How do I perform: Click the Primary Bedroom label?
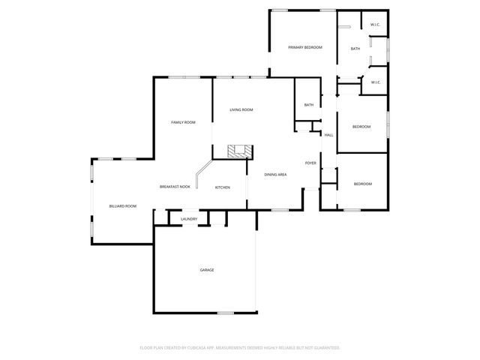click(305, 47)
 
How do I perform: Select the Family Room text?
click(183, 122)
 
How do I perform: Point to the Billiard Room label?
click(122, 205)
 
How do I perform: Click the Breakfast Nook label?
click(175, 187)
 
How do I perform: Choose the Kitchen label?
click(223, 187)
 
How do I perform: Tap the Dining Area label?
click(276, 175)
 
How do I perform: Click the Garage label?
click(206, 270)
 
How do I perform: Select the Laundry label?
click(189, 219)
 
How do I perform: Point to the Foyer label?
click(310, 163)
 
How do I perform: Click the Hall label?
click(328, 135)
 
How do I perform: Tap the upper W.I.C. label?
click(375, 25)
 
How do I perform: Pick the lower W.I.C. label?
click(375, 82)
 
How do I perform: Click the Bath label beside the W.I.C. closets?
click(355, 49)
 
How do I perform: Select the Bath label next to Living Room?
click(308, 105)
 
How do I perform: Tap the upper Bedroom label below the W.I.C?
click(361, 127)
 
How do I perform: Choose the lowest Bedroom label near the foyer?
click(362, 184)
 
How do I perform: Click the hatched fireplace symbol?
click(240, 150)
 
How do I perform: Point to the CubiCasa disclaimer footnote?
click(240, 348)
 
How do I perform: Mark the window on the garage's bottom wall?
click(226, 313)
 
